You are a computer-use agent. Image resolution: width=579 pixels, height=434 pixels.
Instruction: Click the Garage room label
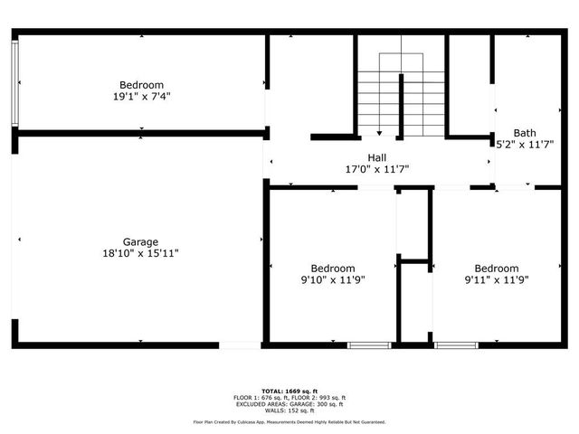141,241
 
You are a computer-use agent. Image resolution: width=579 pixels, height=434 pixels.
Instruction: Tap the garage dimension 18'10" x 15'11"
141,253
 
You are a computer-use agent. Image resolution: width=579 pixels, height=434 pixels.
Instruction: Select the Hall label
377,157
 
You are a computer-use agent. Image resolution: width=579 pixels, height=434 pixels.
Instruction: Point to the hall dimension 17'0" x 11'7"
377,169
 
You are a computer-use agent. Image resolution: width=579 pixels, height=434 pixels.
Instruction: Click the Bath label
525,132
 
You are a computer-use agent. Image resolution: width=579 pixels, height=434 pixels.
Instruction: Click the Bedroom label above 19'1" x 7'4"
141,85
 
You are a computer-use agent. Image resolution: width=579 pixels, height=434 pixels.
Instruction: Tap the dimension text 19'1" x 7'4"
141,97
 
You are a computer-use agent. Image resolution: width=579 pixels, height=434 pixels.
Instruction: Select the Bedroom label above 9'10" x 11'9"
333,269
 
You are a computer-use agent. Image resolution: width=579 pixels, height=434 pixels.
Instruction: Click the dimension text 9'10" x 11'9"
333,280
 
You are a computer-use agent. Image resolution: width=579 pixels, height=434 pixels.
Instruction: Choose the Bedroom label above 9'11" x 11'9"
497,269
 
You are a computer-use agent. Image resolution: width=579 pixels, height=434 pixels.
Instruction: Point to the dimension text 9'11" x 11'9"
497,280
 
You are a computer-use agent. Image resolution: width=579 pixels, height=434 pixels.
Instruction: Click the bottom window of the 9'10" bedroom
369,344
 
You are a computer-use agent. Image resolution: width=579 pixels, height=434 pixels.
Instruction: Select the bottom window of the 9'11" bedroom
456,344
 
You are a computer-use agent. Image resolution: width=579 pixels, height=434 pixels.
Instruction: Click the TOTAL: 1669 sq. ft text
289,390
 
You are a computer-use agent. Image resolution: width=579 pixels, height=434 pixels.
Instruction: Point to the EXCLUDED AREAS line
289,403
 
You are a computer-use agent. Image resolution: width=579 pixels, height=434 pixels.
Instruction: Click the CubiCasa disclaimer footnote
289,422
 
